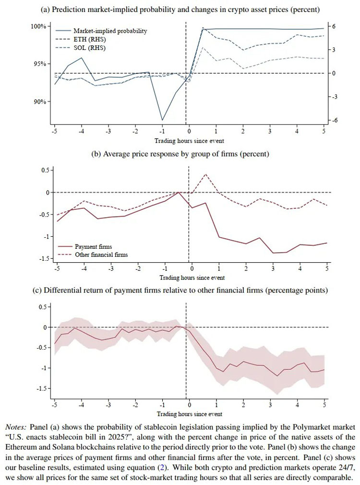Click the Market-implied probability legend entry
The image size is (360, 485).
click(x=110, y=31)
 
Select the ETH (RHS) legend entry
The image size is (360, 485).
click(x=90, y=39)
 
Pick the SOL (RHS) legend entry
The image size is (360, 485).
click(x=90, y=48)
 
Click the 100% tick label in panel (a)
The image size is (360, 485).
click(x=38, y=26)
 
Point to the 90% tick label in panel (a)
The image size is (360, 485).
click(x=39, y=102)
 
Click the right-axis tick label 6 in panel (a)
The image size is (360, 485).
click(x=334, y=26)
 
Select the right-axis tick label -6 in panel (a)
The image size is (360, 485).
click(x=335, y=120)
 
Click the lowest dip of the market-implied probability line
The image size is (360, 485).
click(x=162, y=120)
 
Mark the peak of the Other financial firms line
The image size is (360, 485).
click(x=205, y=174)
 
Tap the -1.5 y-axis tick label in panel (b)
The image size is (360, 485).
click(x=44, y=259)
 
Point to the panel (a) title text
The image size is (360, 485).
click(x=180, y=10)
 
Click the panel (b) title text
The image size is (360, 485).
click(x=180, y=154)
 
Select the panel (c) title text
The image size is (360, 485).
click(x=180, y=290)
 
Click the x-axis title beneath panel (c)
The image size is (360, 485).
click(x=189, y=413)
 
